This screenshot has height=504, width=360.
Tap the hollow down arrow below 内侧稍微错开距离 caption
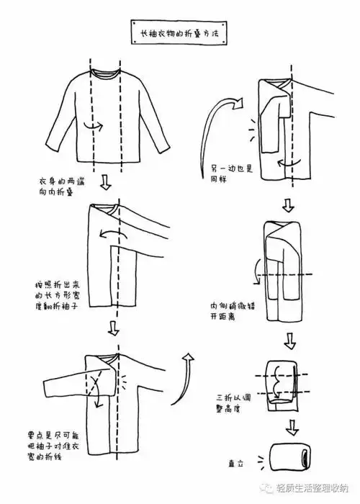[289, 338]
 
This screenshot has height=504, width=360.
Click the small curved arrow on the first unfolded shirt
[91, 126]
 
